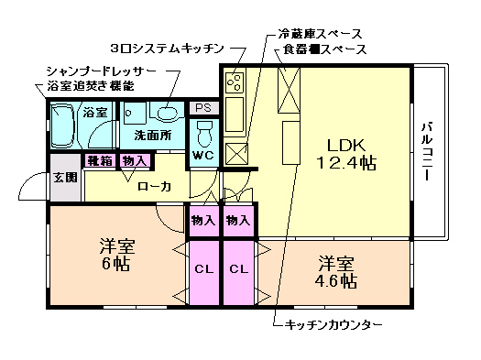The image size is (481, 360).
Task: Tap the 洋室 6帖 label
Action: click(x=117, y=255)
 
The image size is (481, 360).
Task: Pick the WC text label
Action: click(x=202, y=156)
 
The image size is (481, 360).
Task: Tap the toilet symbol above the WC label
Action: click(x=203, y=133)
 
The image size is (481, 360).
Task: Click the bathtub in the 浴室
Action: click(x=63, y=128)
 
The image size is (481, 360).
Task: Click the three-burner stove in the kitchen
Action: click(x=233, y=84)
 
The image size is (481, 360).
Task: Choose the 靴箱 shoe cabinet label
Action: click(x=100, y=161)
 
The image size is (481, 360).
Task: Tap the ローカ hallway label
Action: click(x=153, y=186)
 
